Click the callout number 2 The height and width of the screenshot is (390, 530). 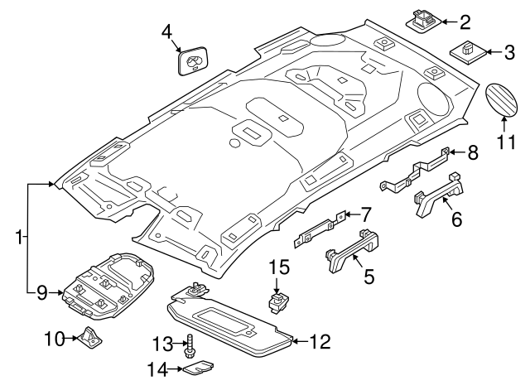tap(465, 22)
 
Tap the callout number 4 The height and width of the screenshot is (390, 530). tap(167, 32)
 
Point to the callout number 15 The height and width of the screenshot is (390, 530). tap(281, 267)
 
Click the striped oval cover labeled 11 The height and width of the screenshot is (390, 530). tap(502, 103)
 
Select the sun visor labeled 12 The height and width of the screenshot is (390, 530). tap(232, 319)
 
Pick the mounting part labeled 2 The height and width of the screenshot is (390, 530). tap(424, 17)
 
